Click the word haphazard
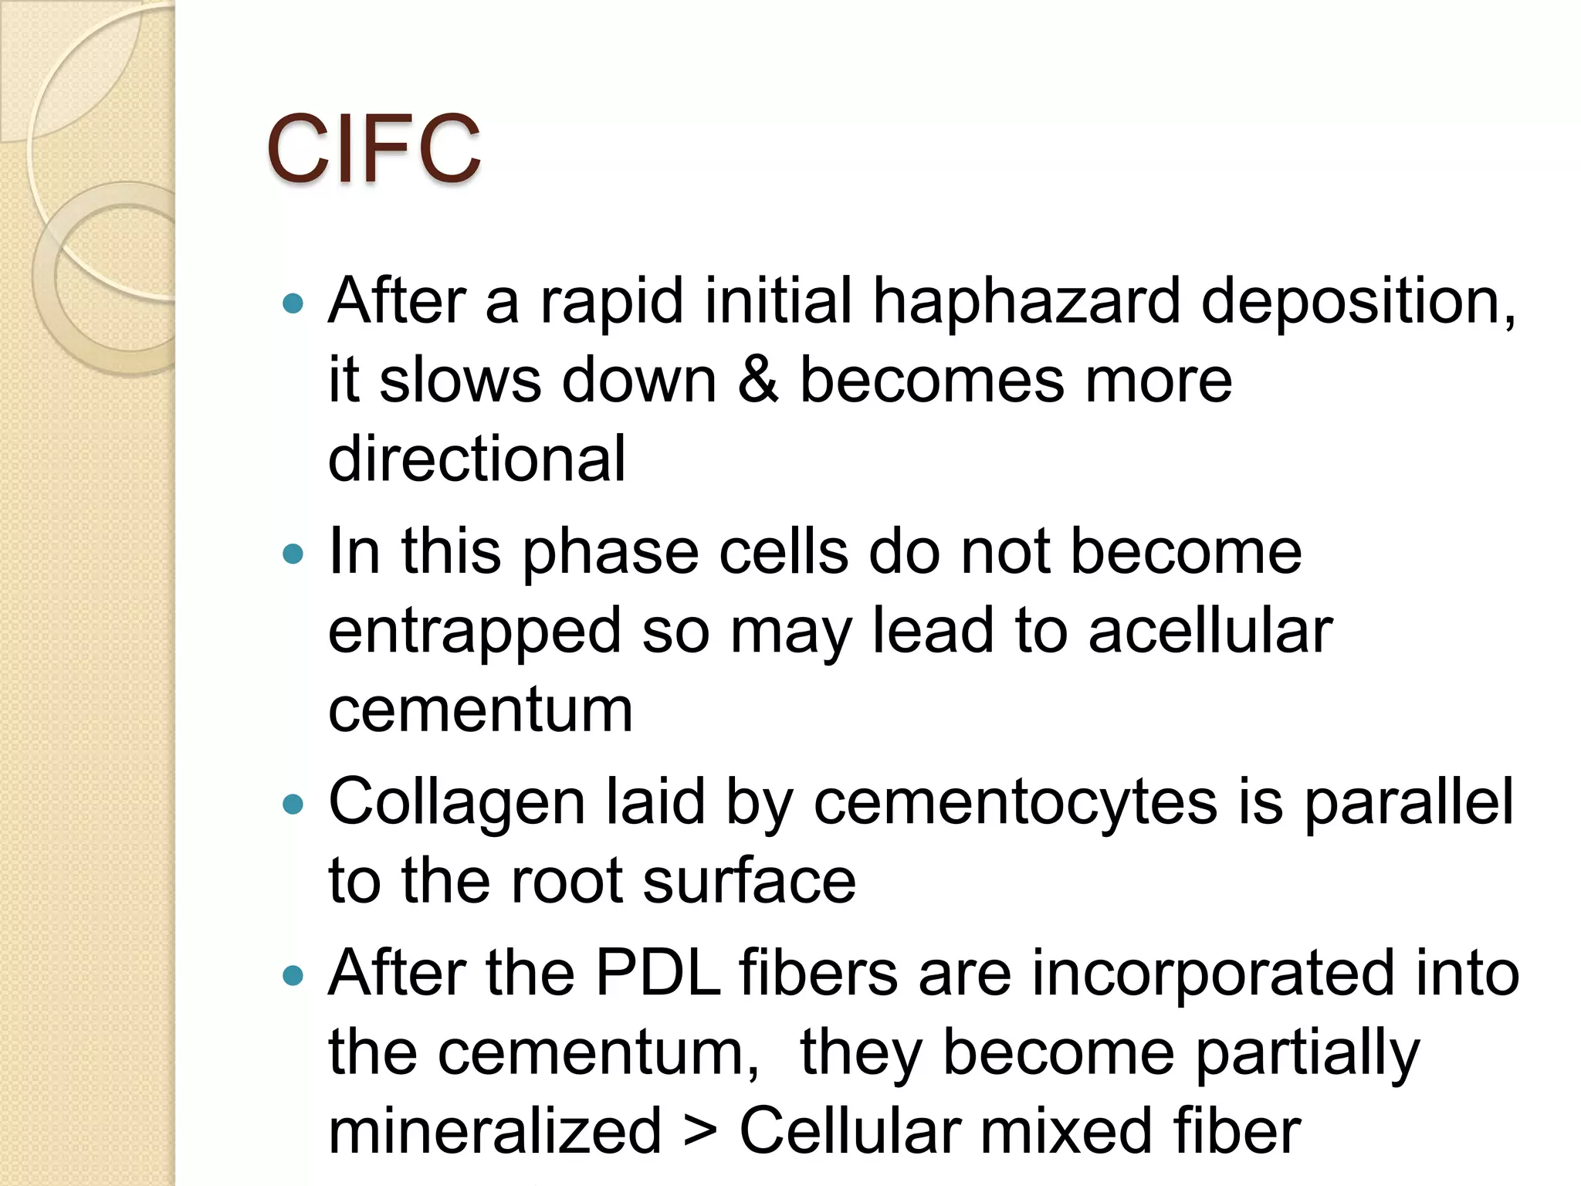[x=1026, y=300]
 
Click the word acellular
[x=1210, y=630]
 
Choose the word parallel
[x=1409, y=803]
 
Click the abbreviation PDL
[x=658, y=973]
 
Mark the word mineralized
[x=495, y=1130]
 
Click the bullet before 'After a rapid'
[x=293, y=303]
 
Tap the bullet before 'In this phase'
[x=293, y=554]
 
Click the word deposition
[x=1358, y=300]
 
